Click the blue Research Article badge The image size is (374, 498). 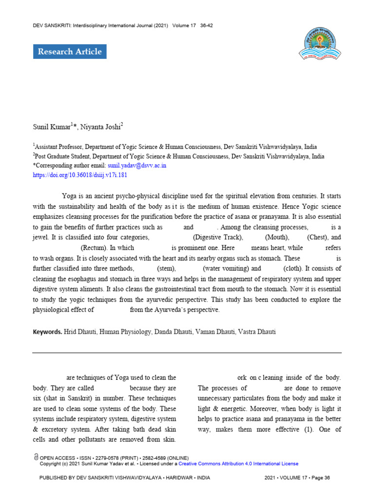70,52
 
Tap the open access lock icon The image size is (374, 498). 37,458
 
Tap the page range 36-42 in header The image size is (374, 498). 206,25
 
